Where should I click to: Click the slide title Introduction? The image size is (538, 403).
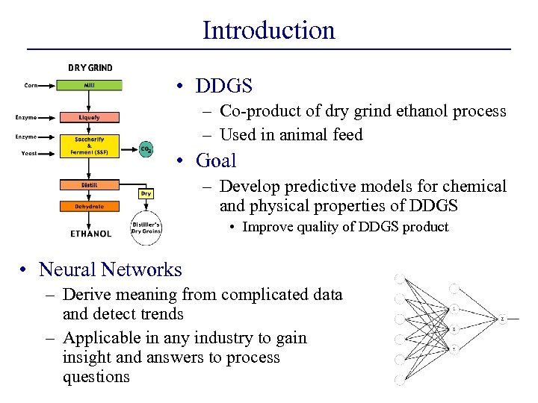(269, 30)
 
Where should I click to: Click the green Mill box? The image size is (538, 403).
(90, 85)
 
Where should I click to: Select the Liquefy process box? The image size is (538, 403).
(90, 117)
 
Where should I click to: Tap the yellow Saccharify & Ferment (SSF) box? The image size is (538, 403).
(90, 146)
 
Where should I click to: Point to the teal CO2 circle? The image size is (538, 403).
(146, 149)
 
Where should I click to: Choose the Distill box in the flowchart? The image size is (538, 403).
(90, 184)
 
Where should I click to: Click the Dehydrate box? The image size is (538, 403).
(90, 206)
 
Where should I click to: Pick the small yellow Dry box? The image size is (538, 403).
(146, 193)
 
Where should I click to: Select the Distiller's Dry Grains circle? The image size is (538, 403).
(146, 227)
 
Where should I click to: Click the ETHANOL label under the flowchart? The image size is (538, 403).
(90, 234)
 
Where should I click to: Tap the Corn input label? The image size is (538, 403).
(31, 85)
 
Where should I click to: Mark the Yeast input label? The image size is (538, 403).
(30, 154)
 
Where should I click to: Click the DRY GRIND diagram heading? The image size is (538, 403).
(90, 68)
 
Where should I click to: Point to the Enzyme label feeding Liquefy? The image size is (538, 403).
(26, 117)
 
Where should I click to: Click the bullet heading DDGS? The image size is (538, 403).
(224, 86)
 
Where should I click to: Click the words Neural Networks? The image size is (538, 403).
(110, 269)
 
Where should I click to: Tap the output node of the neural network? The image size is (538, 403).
(502, 319)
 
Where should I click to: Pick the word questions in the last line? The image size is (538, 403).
(96, 377)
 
